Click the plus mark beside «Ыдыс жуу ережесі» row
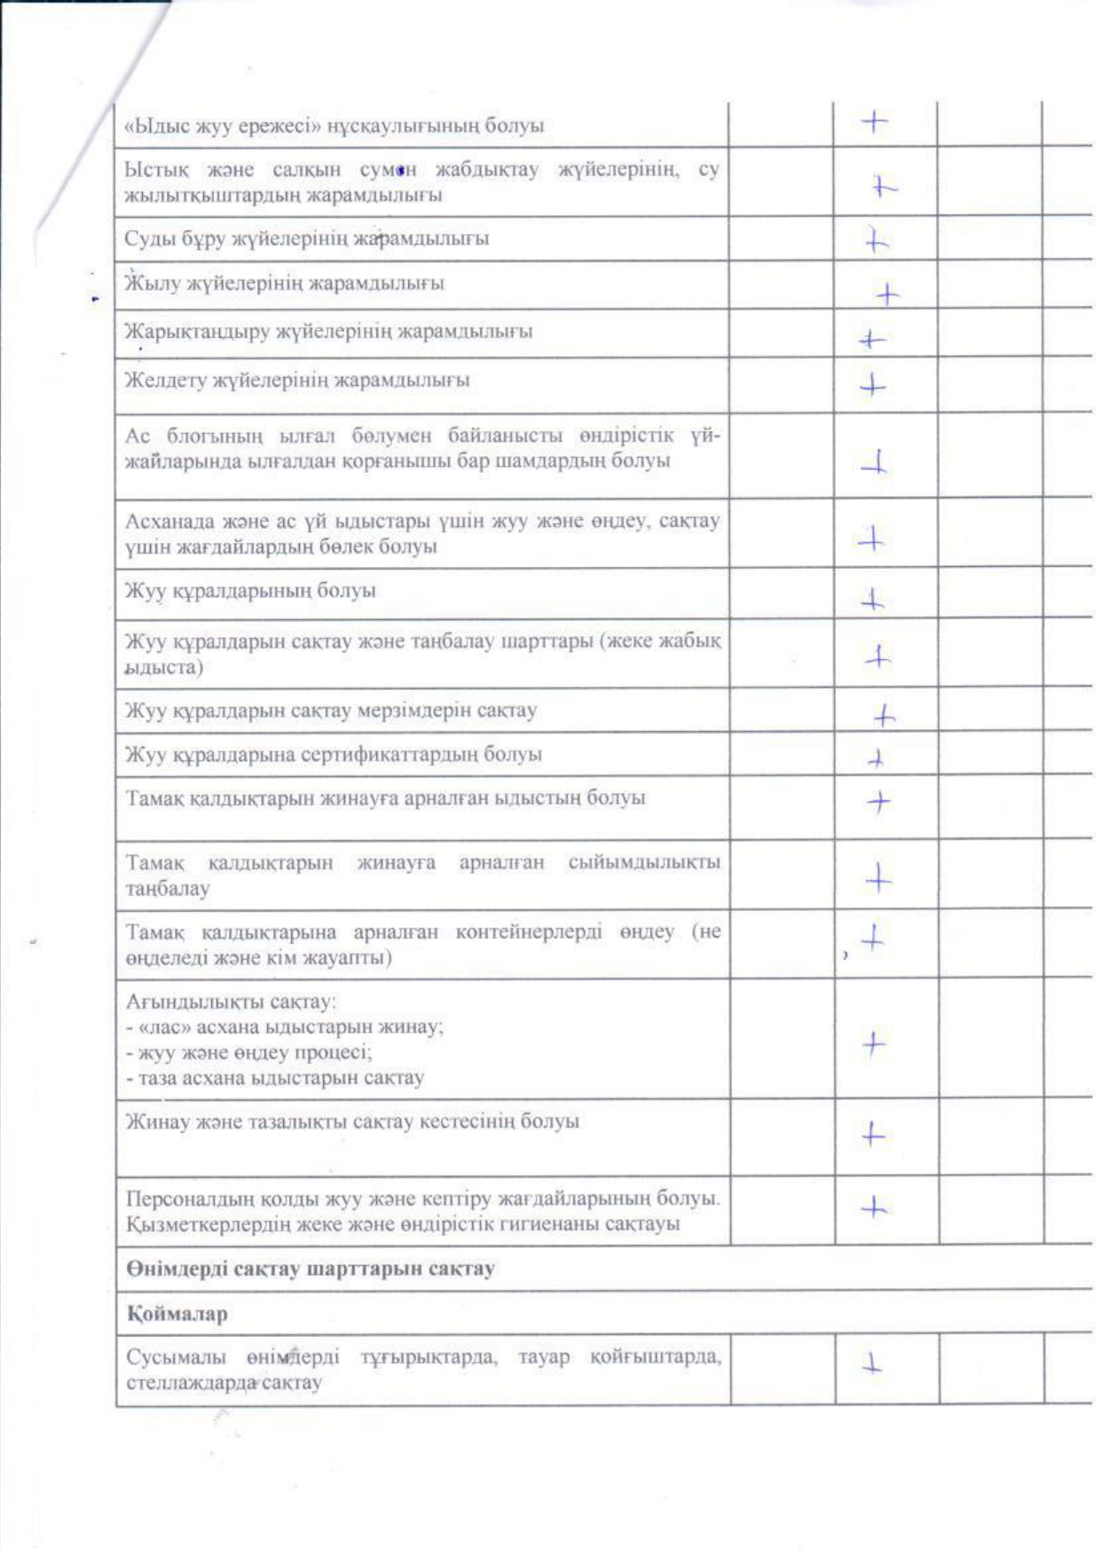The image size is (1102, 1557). (875, 122)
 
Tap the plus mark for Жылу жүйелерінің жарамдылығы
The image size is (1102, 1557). (886, 295)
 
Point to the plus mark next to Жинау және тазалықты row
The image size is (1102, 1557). (874, 1134)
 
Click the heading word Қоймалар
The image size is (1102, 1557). (177, 1314)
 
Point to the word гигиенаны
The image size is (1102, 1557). (570, 1224)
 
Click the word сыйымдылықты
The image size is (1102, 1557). (643, 862)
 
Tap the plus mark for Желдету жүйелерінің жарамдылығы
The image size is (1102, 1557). (874, 386)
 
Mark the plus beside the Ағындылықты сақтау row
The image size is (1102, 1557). (874, 1044)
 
